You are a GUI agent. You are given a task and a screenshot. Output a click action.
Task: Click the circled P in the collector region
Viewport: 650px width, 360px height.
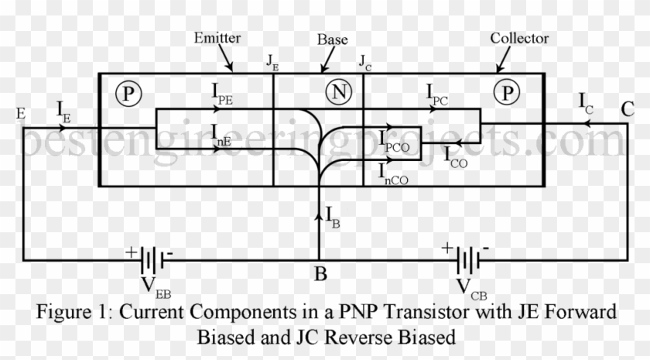click(507, 94)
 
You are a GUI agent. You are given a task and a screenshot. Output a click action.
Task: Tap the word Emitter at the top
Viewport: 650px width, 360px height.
click(219, 36)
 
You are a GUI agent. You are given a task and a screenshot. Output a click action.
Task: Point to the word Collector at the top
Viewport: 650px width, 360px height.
click(519, 38)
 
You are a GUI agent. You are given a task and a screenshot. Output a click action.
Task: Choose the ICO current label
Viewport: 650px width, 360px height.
click(456, 155)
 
